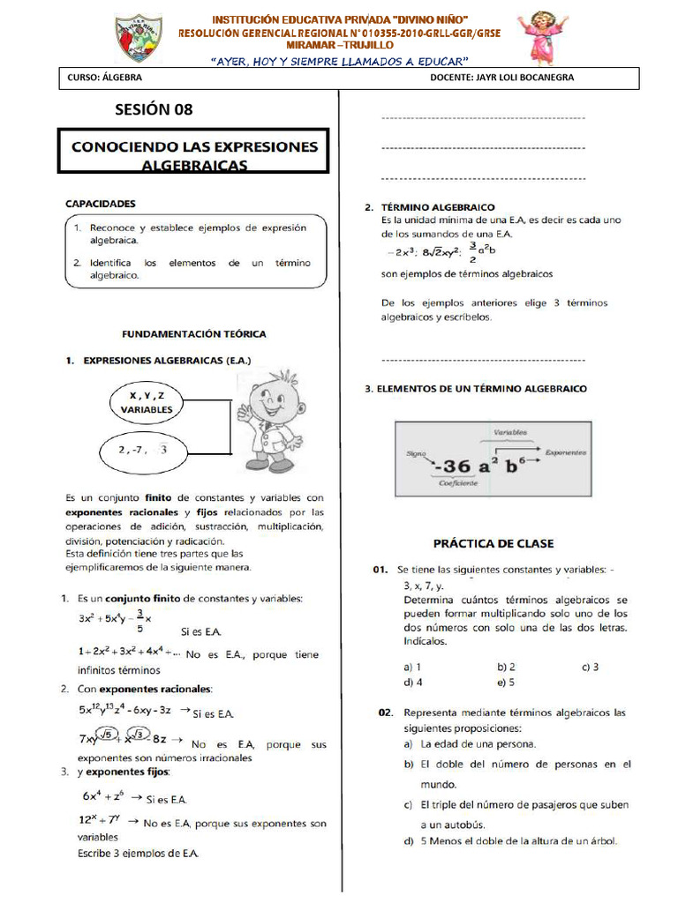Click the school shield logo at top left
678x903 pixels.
coord(139,38)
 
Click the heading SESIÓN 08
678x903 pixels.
coord(153,109)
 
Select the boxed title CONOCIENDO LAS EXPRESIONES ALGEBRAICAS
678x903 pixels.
coord(193,154)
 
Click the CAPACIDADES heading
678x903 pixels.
coord(101,203)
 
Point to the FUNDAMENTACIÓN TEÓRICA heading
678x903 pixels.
coord(193,334)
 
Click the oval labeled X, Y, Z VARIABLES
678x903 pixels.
coord(147,402)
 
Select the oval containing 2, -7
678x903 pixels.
coord(141,450)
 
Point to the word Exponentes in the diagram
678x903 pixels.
coord(565,452)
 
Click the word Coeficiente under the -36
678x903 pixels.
coord(459,483)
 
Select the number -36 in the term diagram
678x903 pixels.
coord(454,465)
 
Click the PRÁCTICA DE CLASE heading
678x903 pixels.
coord(493,543)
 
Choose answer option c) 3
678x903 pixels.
coord(590,668)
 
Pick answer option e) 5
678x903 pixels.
coord(506,682)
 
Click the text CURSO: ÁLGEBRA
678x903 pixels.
coord(102,78)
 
